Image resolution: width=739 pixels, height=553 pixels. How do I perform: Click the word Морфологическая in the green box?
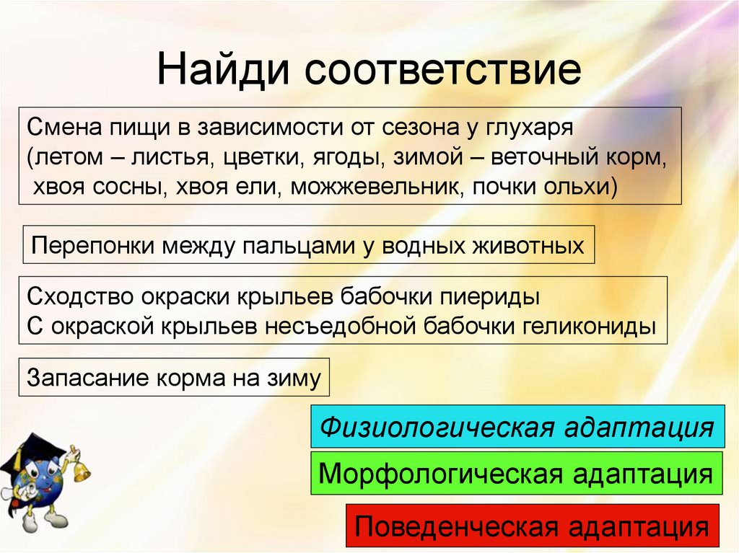click(440, 474)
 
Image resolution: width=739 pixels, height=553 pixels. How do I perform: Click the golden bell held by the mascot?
click(81, 472)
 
